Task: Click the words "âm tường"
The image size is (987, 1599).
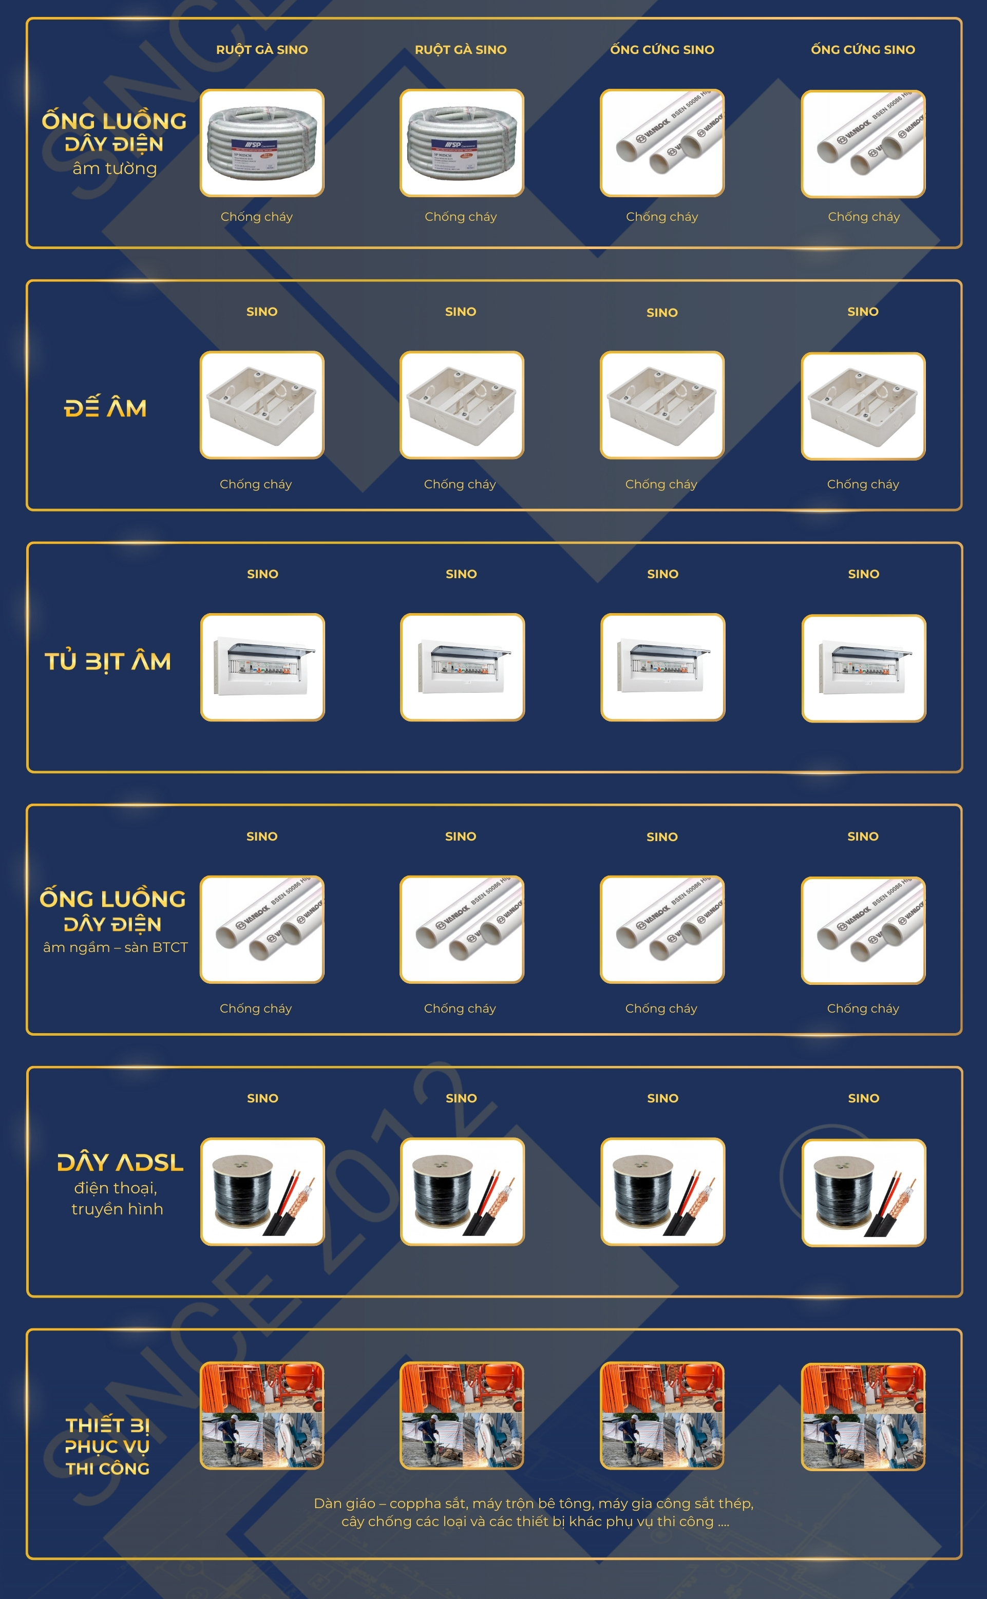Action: coord(115,168)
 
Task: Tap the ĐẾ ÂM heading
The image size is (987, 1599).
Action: coord(105,407)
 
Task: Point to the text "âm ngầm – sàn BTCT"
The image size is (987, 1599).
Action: coord(116,947)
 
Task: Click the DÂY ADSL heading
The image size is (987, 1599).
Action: coord(120,1163)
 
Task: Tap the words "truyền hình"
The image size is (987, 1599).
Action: coord(118,1209)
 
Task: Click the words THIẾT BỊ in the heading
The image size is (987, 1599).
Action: coord(108,1425)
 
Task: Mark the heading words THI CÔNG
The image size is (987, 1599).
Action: coord(108,1469)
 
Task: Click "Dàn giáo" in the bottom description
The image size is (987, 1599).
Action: coord(345,1503)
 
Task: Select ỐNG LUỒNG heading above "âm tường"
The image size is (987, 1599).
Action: coord(114,121)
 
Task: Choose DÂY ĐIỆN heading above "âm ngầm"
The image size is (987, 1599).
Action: coord(112,924)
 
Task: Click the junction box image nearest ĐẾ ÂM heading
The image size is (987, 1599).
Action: coord(262,405)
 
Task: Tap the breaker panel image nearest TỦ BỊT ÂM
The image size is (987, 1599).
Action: coord(262,667)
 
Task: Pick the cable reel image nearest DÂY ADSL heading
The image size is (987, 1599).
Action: coord(262,1192)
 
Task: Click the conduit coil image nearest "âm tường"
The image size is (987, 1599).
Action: coord(262,142)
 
